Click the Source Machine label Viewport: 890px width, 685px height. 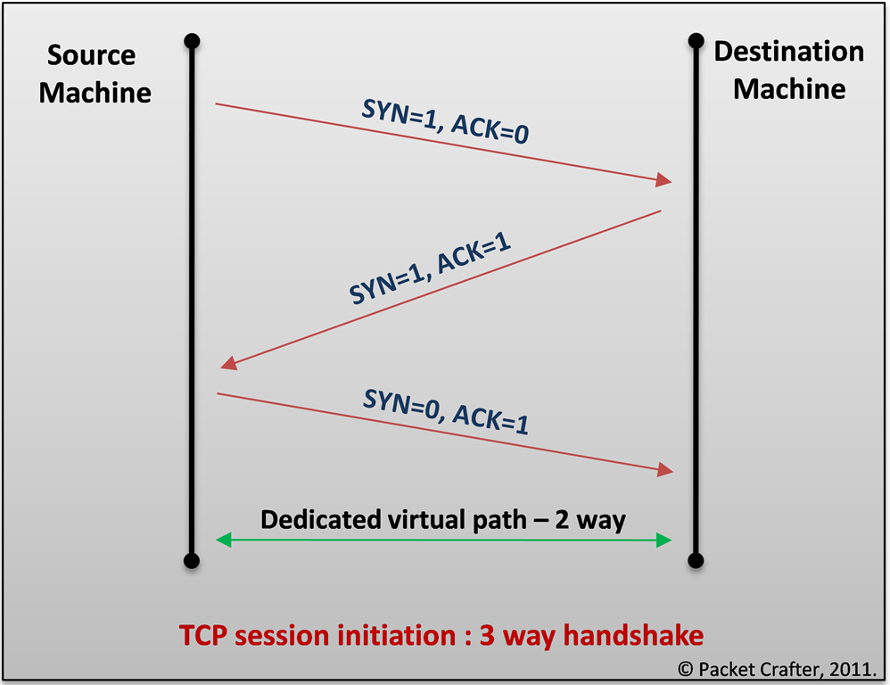[x=95, y=74]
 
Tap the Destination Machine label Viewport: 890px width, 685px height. [x=789, y=70]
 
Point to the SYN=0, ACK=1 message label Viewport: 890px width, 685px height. [x=445, y=410]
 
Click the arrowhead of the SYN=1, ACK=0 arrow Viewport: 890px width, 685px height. [x=663, y=180]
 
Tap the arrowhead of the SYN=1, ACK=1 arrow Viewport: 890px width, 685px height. [x=228, y=363]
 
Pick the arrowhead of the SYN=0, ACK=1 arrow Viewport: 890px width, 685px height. [x=663, y=469]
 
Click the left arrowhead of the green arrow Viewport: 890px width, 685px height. [x=225, y=539]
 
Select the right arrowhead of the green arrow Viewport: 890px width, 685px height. [x=663, y=539]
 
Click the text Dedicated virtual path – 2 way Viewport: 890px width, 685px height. [x=443, y=519]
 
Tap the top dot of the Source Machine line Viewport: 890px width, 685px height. [x=191, y=41]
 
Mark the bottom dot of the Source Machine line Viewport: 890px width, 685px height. [x=191, y=561]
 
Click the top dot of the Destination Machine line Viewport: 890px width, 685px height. [x=696, y=41]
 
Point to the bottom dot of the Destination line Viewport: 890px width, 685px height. [x=696, y=561]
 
